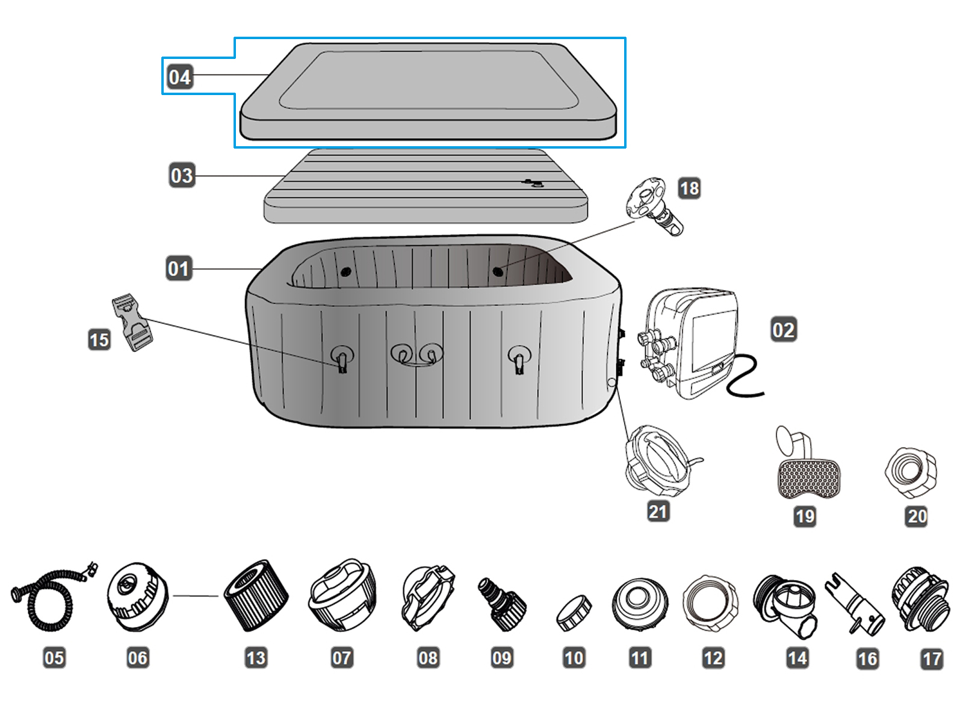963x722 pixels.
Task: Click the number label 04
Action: [x=179, y=77]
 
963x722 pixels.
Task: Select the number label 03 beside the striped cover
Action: [x=181, y=176]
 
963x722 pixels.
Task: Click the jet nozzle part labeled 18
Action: [x=654, y=205]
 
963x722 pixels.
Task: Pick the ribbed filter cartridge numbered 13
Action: [x=255, y=596]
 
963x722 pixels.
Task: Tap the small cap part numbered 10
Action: [x=574, y=613]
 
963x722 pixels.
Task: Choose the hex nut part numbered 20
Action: [x=911, y=472]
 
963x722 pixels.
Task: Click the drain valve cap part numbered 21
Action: [x=658, y=460]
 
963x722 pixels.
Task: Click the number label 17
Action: [x=931, y=659]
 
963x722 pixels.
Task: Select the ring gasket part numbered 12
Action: [x=711, y=603]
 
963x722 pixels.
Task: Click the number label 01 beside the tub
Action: [x=178, y=268]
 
